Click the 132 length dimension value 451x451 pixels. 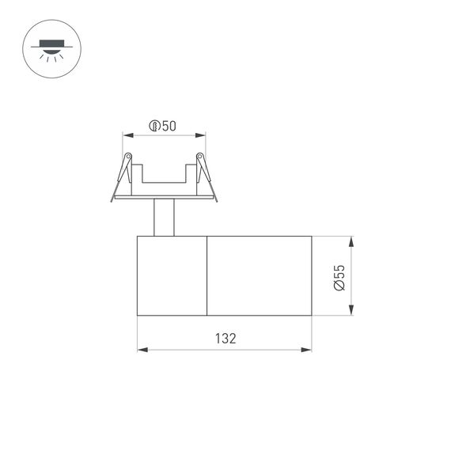(225, 338)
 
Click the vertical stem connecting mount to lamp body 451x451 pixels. (163, 218)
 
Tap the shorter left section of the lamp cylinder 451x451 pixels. (172, 275)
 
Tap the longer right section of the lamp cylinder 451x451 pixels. (259, 275)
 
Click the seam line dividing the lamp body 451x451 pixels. (207, 275)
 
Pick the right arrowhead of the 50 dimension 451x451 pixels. (202, 135)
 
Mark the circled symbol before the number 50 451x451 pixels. (154, 126)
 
